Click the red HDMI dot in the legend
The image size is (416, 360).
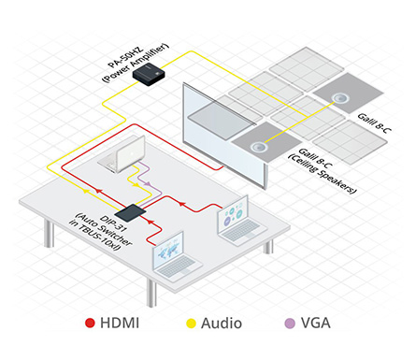(90, 324)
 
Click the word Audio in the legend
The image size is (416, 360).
(221, 324)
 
